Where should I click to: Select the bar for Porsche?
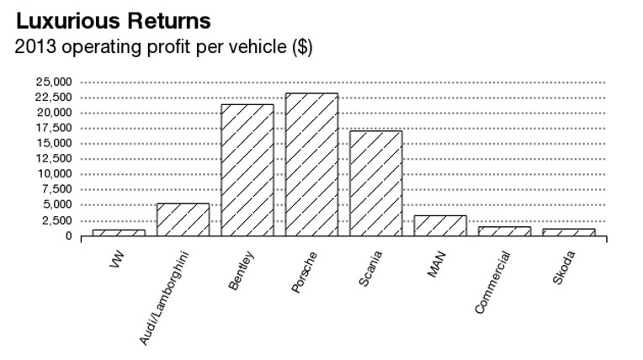[311, 165]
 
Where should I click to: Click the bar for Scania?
[376, 183]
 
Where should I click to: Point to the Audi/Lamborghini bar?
[183, 220]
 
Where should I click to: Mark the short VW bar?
[119, 232]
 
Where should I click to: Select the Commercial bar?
[505, 231]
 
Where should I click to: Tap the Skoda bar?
[569, 232]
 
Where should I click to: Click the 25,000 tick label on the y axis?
[53, 82]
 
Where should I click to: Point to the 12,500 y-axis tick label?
[53, 159]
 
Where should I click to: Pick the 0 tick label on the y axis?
[68, 236]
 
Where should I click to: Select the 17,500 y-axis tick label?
[53, 129]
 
